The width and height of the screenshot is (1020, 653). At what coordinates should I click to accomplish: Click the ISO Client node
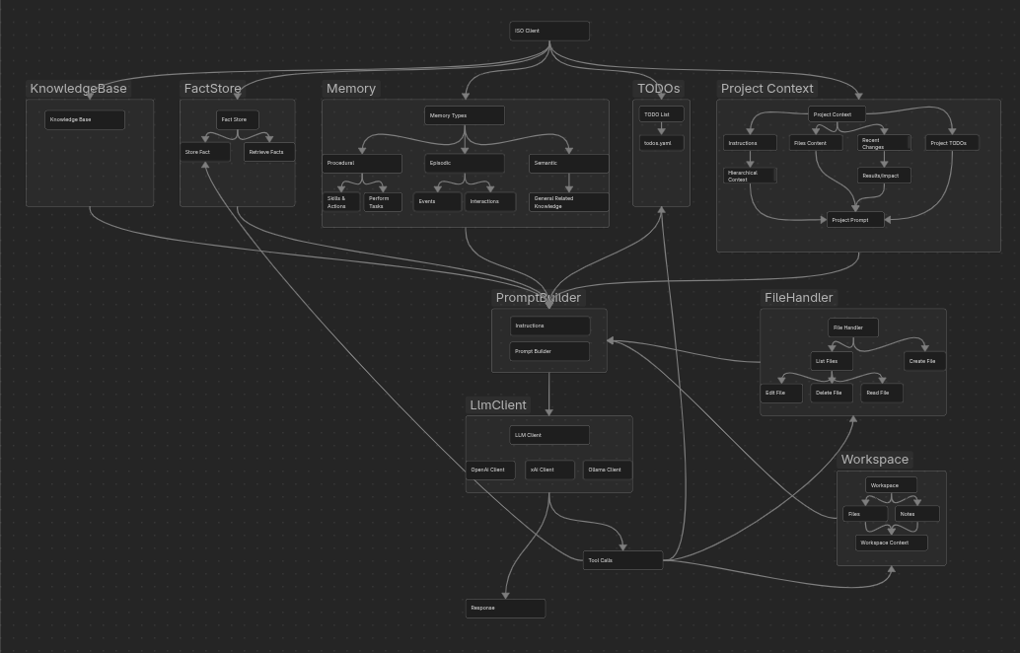549,32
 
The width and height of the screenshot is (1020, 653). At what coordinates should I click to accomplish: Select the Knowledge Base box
85,120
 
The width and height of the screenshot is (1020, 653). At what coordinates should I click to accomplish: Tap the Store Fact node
205,152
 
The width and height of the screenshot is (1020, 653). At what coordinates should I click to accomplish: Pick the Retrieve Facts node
268,152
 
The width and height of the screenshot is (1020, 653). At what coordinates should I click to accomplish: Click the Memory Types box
465,115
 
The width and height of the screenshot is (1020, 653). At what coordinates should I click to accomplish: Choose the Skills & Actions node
341,202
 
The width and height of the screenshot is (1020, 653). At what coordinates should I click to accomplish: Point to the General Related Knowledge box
568,202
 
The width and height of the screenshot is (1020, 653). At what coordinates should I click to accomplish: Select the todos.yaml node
661,143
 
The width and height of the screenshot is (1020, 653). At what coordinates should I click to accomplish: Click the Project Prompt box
855,220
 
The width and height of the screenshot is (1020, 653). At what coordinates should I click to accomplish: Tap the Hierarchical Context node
750,176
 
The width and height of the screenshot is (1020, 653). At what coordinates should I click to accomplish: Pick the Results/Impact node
883,176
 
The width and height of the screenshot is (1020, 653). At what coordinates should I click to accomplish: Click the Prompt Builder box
549,351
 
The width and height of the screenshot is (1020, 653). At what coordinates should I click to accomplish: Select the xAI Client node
549,470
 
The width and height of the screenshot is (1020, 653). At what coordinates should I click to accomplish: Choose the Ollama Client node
607,470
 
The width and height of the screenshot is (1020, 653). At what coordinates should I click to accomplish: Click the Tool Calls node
622,560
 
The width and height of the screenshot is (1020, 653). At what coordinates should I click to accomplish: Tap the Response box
505,608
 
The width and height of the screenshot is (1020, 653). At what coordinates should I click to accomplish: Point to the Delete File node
832,393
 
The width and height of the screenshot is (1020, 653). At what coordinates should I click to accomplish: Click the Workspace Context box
891,543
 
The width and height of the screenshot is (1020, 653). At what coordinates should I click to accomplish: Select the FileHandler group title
799,297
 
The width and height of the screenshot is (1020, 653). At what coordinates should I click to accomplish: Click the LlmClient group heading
498,404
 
